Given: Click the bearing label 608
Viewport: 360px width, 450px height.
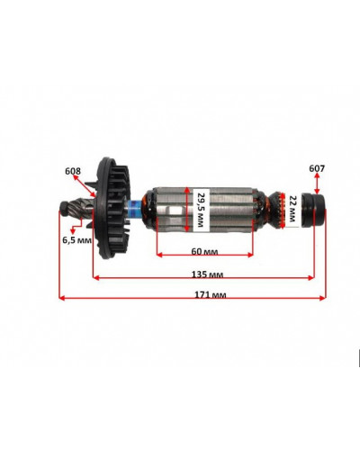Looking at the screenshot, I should [72, 170].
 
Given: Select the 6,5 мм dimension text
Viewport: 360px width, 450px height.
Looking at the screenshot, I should [76, 239].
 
